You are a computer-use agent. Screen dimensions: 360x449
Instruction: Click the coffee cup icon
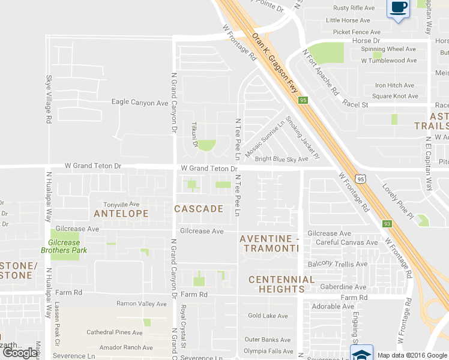[x=399, y=8]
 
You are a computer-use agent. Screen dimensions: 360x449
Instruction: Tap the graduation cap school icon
[x=362, y=353]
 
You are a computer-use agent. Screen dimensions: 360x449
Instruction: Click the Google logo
[x=20, y=353]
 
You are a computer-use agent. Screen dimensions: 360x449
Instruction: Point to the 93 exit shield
[x=387, y=224]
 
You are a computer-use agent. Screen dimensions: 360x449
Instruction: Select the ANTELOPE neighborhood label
[x=121, y=214]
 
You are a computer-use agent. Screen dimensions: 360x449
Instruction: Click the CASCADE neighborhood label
[x=199, y=209]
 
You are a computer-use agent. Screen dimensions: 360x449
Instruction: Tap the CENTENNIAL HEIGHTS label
[x=282, y=284]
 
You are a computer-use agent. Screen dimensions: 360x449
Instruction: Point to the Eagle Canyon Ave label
[x=140, y=103]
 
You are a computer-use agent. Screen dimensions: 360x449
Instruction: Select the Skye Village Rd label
[x=48, y=100]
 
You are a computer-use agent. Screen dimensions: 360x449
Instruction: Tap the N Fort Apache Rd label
[x=321, y=73]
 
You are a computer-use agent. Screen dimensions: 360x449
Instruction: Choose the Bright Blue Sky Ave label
[x=282, y=159]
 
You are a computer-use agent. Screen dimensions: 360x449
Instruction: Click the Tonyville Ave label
[x=121, y=205]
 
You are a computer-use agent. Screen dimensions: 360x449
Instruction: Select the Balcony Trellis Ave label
[x=337, y=264]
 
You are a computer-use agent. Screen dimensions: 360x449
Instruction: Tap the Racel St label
[x=355, y=103]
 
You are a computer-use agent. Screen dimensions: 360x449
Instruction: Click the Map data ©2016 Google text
[x=412, y=355]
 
